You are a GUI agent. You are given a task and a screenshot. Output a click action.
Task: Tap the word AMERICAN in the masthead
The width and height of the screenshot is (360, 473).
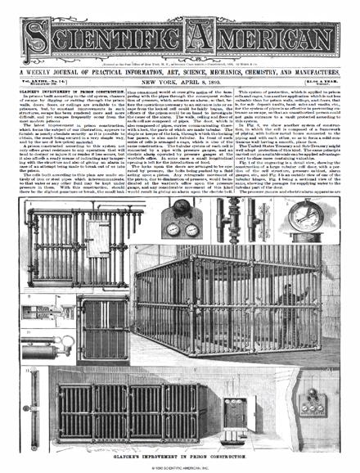click(262, 30)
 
